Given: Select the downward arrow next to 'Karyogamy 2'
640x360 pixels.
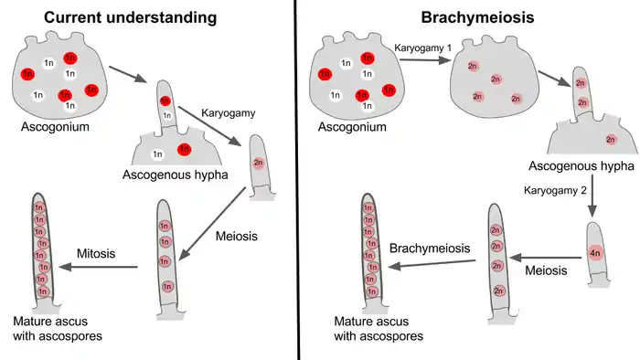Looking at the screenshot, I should (595, 194).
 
